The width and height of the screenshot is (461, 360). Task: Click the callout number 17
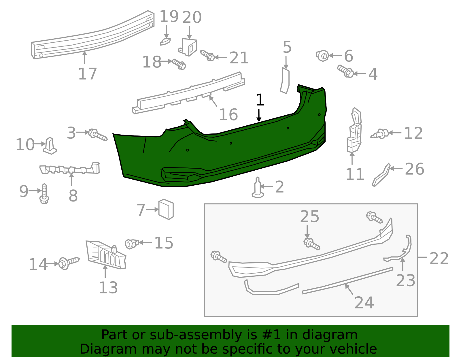(x=87, y=74)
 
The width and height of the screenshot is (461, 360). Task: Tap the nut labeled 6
(x=322, y=56)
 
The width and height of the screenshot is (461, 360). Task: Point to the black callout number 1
(x=260, y=100)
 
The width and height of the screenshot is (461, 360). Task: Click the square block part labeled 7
(x=166, y=209)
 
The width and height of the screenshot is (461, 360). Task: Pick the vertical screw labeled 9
(x=44, y=193)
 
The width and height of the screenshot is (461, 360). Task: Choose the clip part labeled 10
(x=50, y=146)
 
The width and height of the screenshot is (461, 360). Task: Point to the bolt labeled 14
(x=69, y=263)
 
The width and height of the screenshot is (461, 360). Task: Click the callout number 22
(x=439, y=258)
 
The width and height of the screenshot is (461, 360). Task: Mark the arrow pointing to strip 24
(x=349, y=289)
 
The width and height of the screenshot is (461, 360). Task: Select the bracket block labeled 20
(x=189, y=47)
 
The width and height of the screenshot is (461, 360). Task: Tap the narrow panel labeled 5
(x=285, y=81)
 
